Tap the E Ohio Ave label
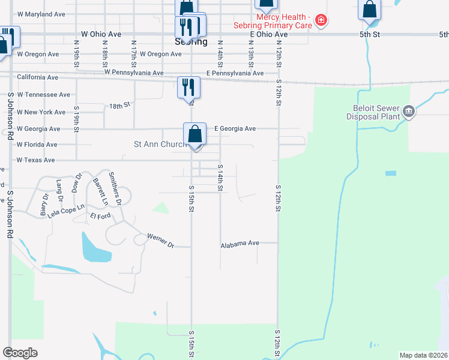pyautogui.click(x=269, y=35)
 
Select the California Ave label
pyautogui.click(x=38, y=77)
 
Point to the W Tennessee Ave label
pyautogui.click(x=43, y=95)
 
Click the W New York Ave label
pyautogui.click(x=41, y=112)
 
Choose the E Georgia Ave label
pyautogui.click(x=235, y=128)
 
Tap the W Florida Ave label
pyautogui.click(x=37, y=145)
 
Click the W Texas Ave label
pyautogui.click(x=35, y=160)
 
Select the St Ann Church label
pyautogui.click(x=158, y=145)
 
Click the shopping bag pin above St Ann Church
pyautogui.click(x=194, y=134)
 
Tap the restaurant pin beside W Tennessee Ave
pyautogui.click(x=188, y=87)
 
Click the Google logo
pyautogui.click(x=20, y=352)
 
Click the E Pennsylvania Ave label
pyautogui.click(x=235, y=73)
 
